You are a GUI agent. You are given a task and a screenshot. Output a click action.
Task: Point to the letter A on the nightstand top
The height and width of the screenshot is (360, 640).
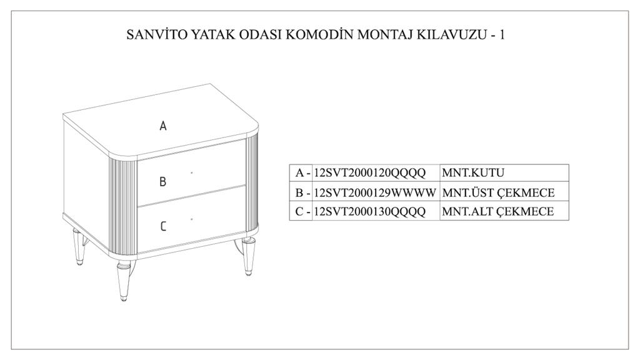(x=163, y=126)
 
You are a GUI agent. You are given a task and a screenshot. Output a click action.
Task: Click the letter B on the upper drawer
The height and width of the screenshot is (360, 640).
(x=163, y=182)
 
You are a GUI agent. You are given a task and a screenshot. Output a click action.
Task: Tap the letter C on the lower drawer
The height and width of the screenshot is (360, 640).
(x=163, y=226)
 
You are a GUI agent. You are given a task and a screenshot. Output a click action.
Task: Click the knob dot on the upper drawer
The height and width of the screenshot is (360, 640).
(x=192, y=172)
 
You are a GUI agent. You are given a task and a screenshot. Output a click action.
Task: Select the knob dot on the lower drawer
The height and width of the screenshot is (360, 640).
(x=192, y=219)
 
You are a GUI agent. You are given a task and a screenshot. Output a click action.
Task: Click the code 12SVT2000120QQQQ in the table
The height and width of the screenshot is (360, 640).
(x=370, y=173)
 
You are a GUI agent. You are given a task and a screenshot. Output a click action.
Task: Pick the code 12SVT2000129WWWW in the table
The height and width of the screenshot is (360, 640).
(x=375, y=192)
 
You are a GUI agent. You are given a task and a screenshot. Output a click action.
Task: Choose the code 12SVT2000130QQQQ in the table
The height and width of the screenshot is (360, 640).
(x=370, y=211)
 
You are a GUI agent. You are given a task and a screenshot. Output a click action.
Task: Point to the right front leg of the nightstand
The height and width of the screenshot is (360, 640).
(x=247, y=256)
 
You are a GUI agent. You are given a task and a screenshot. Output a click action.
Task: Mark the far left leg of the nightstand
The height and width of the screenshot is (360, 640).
(x=78, y=246)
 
